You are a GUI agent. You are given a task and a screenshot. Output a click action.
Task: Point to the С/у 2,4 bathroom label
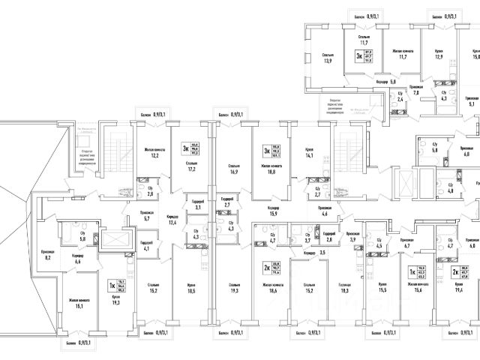point(400,97)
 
